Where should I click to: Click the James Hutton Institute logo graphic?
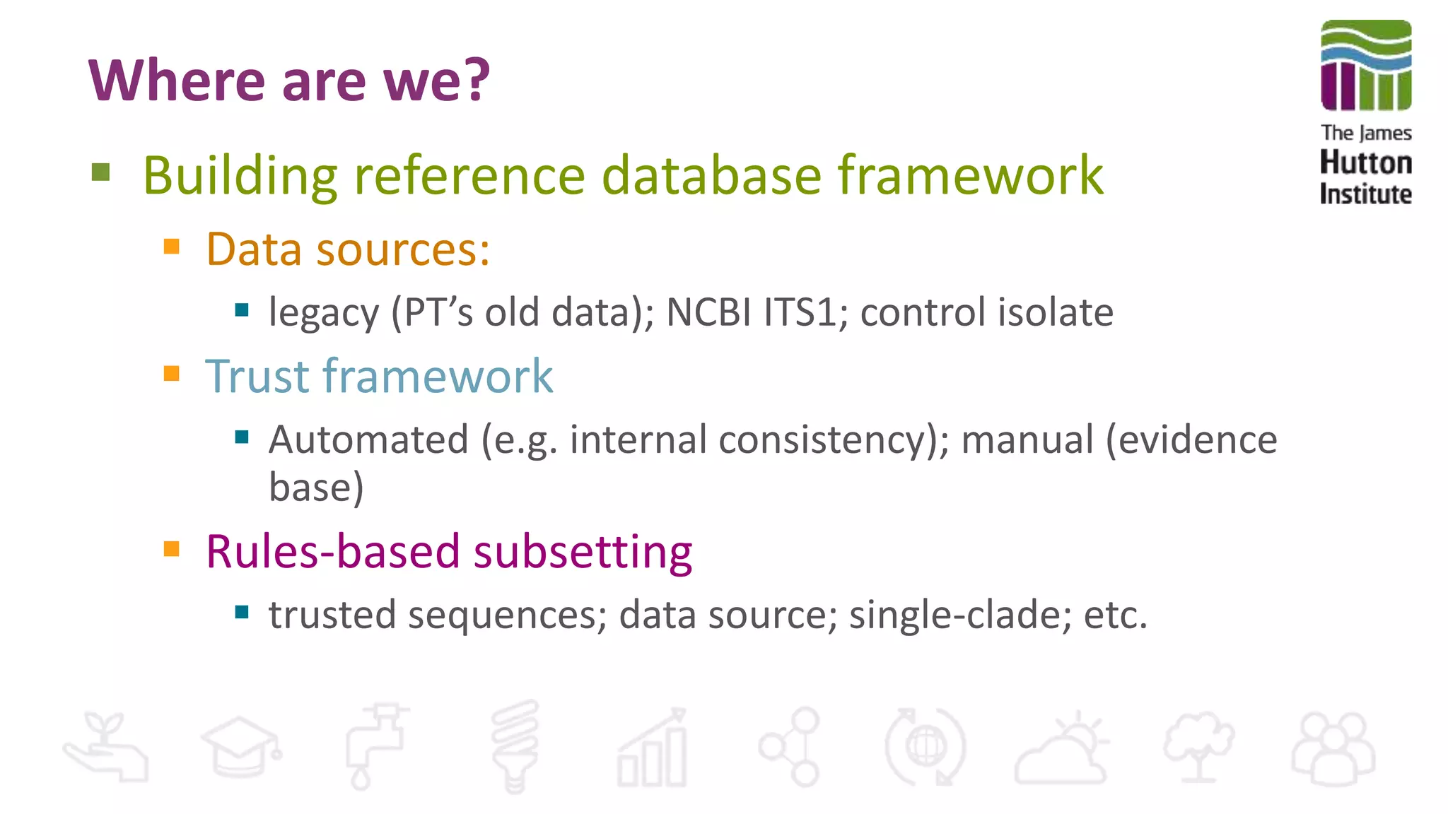pyautogui.click(x=1366, y=65)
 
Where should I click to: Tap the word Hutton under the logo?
pyautogui.click(x=1366, y=163)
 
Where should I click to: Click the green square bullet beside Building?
pyautogui.click(x=101, y=172)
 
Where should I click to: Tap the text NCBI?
pyautogui.click(x=709, y=312)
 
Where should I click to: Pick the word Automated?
pyautogui.click(x=368, y=440)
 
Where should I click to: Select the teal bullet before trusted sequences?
pyautogui.click(x=242, y=612)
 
